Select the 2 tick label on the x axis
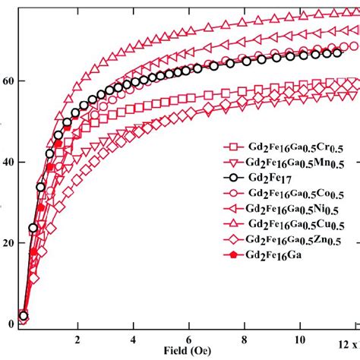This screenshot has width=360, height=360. pos(77,339)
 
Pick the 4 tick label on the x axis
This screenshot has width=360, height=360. pos(133,339)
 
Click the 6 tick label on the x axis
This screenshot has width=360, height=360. pos(189,339)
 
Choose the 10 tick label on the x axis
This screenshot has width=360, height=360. pos(301,339)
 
